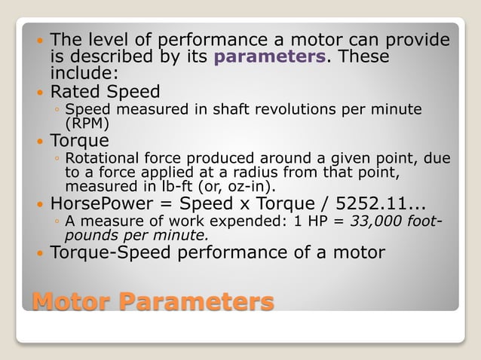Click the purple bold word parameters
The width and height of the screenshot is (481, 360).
pos(270,57)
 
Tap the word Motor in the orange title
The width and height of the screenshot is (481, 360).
pos(72,303)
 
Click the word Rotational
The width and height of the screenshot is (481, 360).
pos(102,158)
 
